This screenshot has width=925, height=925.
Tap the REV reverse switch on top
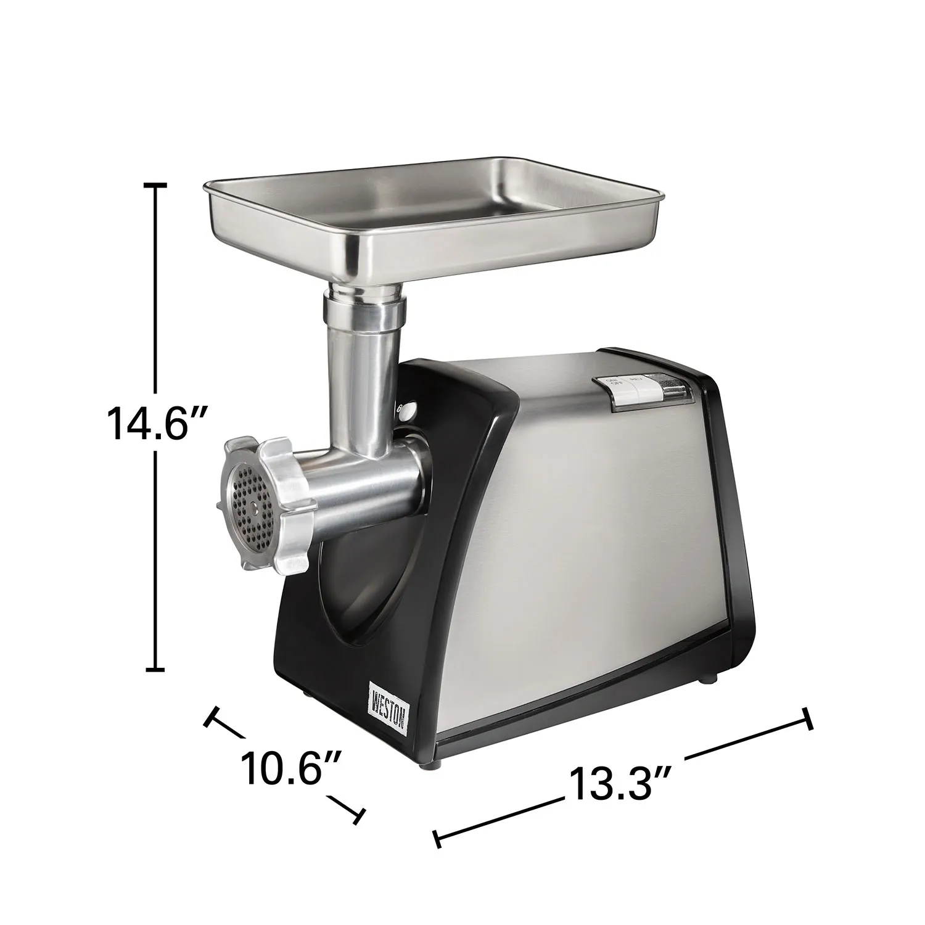pyautogui.click(x=647, y=387)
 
